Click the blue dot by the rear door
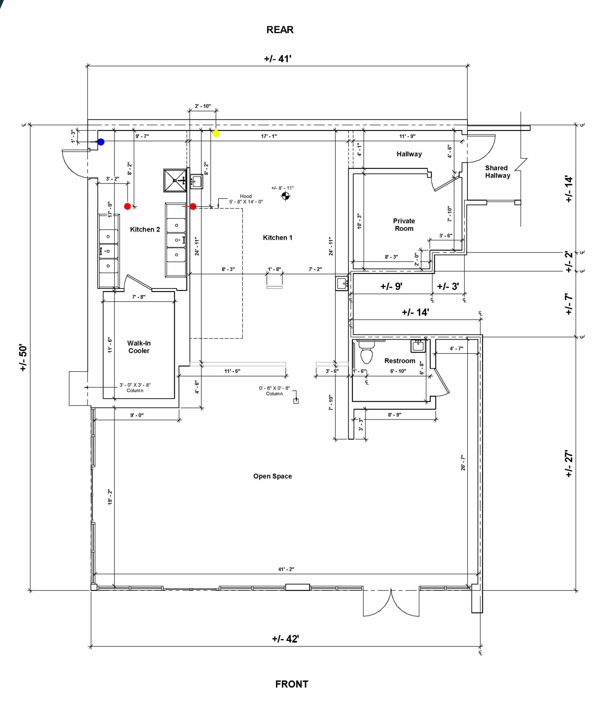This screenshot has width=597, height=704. pos(101,142)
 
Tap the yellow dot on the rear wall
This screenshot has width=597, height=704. pos(216,133)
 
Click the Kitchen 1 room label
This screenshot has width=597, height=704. pos(277,238)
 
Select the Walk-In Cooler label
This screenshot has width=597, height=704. pos(139,347)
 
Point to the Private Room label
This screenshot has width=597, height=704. pos(404,225)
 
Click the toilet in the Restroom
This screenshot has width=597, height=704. pos(367,351)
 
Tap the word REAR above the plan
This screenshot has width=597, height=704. pos(280,30)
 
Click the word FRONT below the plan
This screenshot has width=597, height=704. pos(292,684)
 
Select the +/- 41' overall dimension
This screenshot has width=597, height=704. pos(278,59)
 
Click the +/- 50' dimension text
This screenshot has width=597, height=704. pos(23,358)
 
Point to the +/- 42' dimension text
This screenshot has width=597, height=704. pos(285,638)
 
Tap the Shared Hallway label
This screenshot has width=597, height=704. pos(497,172)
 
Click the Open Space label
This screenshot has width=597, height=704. pos(273,476)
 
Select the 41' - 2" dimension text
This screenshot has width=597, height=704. pos(286,569)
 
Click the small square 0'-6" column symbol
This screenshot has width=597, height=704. pos(296,401)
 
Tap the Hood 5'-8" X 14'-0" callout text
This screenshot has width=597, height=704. pos(246,199)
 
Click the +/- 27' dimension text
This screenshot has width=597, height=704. pos(569,463)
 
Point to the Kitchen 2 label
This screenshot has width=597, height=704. pos(145,229)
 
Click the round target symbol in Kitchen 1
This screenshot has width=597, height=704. pos(285,196)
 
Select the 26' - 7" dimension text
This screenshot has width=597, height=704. pos(463,463)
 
